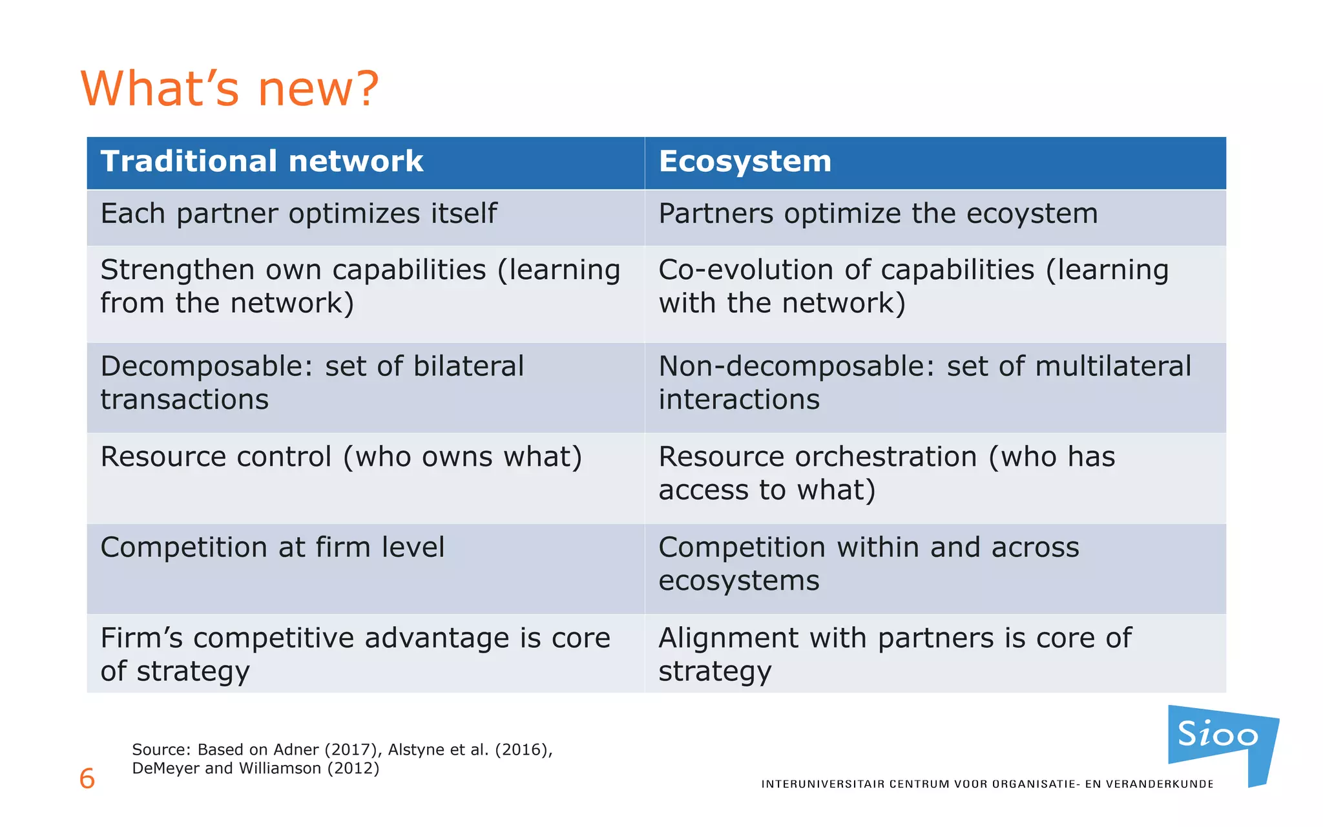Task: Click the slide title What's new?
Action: [229, 89]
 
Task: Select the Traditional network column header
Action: [262, 162]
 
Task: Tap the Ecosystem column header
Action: [745, 162]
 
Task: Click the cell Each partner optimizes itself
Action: [298, 214]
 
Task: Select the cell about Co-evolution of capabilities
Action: [913, 286]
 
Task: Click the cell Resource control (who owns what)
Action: [341, 457]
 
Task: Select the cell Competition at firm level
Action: [272, 548]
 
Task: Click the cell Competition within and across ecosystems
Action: [868, 563]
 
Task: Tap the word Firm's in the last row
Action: [141, 638]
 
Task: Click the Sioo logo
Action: [1218, 736]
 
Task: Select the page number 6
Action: [87, 779]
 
